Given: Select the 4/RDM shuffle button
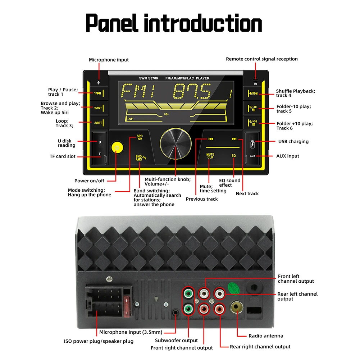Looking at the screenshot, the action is [253, 94].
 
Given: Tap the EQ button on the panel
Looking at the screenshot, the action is [233, 156].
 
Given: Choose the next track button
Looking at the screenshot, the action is [234, 139].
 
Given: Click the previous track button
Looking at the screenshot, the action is [211, 139].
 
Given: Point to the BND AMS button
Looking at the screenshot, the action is [140, 158].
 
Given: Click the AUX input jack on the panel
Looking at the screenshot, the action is [252, 156].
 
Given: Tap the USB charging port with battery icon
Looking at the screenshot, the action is [252, 142].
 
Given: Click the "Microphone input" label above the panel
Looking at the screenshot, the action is [109, 60].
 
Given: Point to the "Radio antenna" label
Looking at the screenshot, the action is [266, 336].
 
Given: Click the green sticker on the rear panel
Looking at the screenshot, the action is [234, 287].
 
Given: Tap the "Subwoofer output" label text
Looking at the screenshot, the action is [176, 340].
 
